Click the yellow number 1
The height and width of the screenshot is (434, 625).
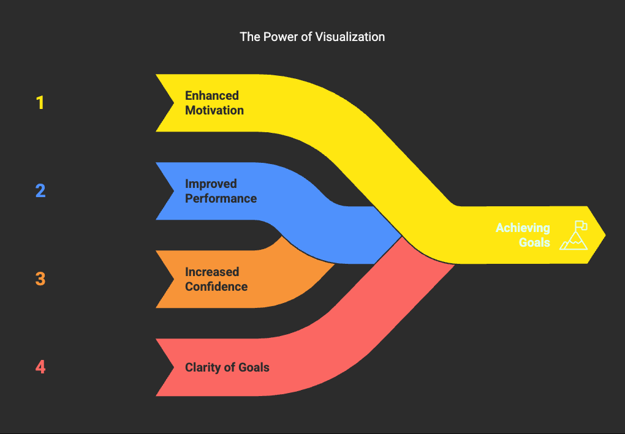tap(40, 103)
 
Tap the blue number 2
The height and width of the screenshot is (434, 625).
tap(40, 191)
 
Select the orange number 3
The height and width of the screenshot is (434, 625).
tap(40, 279)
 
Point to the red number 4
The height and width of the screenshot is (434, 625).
tap(40, 367)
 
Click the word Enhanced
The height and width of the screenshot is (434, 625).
tap(212, 95)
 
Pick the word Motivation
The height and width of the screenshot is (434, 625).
tap(214, 110)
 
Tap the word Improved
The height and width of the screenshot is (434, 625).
tap(211, 184)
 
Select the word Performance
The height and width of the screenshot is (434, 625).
tap(221, 198)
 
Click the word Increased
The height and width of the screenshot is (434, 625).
tap(212, 272)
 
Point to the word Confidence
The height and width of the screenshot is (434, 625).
tap(216, 286)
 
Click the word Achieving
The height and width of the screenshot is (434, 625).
tap(523, 228)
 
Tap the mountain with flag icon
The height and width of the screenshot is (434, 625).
tap(574, 235)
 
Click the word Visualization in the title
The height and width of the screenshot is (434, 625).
tap(350, 37)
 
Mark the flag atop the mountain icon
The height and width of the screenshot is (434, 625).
tap(581, 225)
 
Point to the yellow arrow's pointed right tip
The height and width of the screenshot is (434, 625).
tap(605, 235)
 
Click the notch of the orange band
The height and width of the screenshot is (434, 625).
tap(174, 279)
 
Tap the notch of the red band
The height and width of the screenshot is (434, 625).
tap(174, 367)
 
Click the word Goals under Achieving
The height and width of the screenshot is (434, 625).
tap(534, 242)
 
